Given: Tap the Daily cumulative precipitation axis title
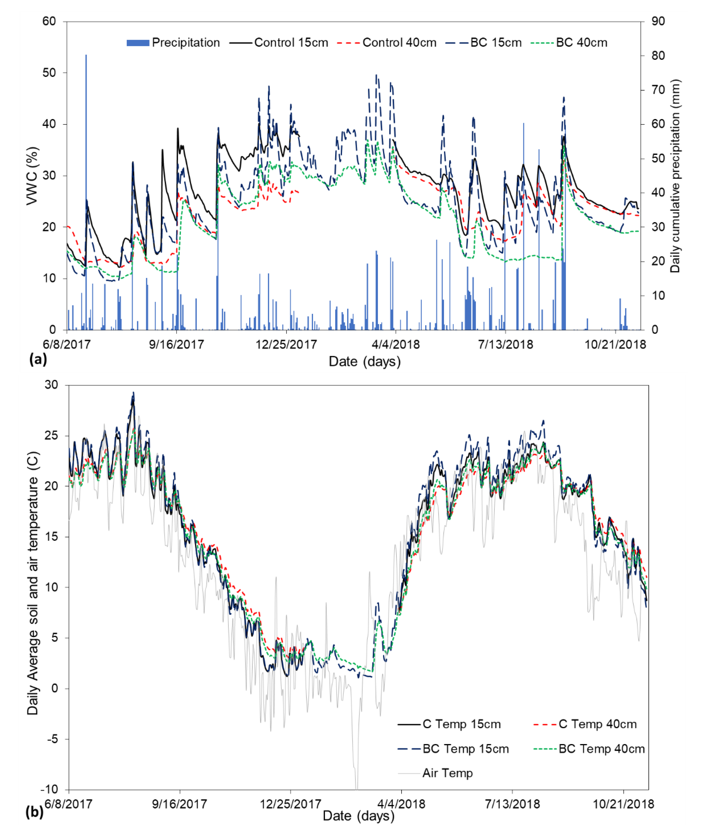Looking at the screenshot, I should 675,176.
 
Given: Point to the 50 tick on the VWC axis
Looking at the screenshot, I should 49,73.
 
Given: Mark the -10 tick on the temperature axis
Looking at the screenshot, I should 49,789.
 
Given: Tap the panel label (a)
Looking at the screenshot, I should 38,360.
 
